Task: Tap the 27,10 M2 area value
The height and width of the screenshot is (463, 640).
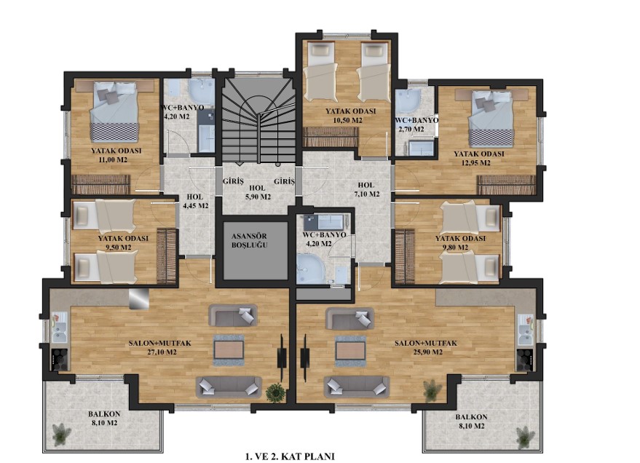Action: coord(162,352)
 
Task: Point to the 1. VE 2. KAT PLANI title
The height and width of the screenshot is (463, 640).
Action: coord(290,456)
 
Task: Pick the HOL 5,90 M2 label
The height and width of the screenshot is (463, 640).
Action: coord(257,192)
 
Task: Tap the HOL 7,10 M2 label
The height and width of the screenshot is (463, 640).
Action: coord(366,189)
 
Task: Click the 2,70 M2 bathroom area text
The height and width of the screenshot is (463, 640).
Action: coord(411,130)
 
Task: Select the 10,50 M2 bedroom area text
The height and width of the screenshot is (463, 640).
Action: coord(347,120)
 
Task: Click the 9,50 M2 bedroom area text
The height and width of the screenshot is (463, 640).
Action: coord(119,248)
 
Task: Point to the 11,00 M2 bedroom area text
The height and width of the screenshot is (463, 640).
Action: coord(113,159)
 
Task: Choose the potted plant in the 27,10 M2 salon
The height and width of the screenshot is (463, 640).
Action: coord(275,392)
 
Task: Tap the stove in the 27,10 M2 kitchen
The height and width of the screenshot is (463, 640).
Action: coord(60,360)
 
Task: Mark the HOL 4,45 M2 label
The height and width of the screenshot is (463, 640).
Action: coord(196,202)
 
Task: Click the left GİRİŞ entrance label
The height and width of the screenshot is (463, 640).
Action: coord(233,181)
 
